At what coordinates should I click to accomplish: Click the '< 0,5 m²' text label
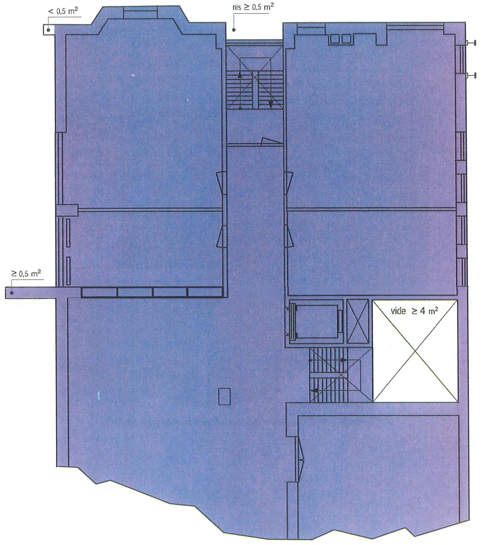click(63, 11)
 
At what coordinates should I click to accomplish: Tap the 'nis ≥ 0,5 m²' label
click(253, 7)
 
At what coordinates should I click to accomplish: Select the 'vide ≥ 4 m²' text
click(414, 311)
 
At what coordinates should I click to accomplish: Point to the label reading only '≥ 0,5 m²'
click(26, 273)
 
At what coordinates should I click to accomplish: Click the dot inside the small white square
click(49, 30)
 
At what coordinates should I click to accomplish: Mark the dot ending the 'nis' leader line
click(234, 30)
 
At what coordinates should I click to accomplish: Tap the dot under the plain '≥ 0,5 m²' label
click(12, 293)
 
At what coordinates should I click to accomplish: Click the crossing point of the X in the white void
click(415, 351)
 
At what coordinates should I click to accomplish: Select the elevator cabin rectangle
click(317, 322)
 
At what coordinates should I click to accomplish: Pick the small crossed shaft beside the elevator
click(358, 321)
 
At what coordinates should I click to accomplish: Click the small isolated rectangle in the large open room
click(224, 397)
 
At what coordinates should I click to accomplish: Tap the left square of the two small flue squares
click(335, 39)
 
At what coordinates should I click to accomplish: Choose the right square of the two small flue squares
click(346, 39)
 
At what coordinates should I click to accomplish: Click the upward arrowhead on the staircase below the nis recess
click(240, 75)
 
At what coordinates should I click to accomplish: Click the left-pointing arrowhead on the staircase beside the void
click(315, 390)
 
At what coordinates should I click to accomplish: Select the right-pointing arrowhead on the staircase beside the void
click(344, 360)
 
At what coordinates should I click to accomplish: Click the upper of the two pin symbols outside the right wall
click(471, 42)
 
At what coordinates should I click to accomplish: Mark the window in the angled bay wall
click(140, 13)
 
